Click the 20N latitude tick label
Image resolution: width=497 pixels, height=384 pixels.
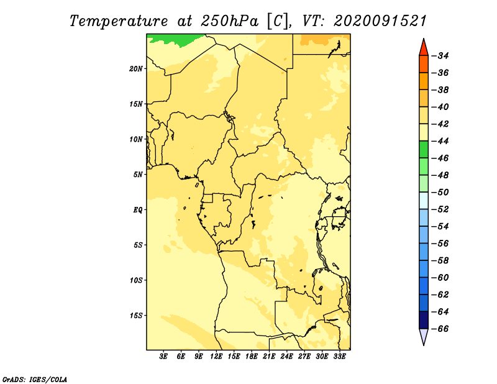135,69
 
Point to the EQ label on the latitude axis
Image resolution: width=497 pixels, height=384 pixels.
137,210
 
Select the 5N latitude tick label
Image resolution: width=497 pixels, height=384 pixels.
138,175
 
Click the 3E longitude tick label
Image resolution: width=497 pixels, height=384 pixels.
163,357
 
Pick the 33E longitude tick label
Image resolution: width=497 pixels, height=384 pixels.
339,357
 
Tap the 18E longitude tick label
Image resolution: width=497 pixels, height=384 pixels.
252,357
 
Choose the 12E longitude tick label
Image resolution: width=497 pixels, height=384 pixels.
216,357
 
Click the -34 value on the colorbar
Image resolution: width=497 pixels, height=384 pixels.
440,56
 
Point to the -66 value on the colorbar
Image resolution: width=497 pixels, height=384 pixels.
440,329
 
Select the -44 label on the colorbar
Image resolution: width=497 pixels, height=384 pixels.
440,141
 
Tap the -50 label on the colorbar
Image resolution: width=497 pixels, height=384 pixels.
440,192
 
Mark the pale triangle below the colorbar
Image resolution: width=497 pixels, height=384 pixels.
424,335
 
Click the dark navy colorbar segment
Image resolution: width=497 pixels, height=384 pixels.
424,320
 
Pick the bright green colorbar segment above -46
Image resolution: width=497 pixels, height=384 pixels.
424,150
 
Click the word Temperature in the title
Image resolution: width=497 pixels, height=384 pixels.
119,21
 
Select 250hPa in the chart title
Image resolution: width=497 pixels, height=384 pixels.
229,21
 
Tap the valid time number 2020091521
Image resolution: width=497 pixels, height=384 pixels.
380,21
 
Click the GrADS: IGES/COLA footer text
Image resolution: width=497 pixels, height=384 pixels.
35,379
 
